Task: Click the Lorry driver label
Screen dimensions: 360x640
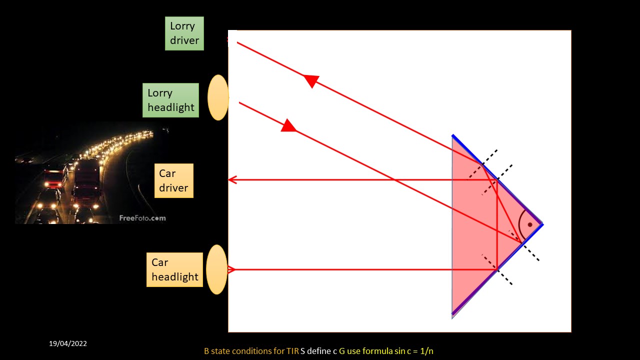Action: click(184, 33)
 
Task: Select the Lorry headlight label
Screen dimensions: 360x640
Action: click(170, 100)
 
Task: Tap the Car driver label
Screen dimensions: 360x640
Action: click(173, 180)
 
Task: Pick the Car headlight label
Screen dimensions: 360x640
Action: click(174, 269)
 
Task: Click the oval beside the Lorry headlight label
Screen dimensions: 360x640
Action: click(218, 97)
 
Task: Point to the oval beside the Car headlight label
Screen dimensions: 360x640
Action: click(216, 269)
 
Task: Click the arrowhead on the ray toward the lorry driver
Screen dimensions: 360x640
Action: click(311, 80)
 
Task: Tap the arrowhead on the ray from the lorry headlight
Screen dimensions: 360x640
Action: click(288, 125)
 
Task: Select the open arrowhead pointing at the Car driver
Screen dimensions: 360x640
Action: click(232, 180)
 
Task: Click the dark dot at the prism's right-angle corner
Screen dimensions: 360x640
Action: click(530, 224)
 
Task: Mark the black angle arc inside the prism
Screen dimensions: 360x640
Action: click(520, 224)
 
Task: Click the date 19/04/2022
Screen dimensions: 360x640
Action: click(68, 343)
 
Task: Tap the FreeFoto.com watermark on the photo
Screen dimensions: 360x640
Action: click(142, 218)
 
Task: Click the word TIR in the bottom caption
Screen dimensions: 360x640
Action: click(292, 351)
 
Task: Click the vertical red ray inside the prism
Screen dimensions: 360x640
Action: click(497, 225)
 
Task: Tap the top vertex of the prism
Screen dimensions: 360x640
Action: click(452, 135)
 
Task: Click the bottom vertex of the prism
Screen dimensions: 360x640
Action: click(452, 315)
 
